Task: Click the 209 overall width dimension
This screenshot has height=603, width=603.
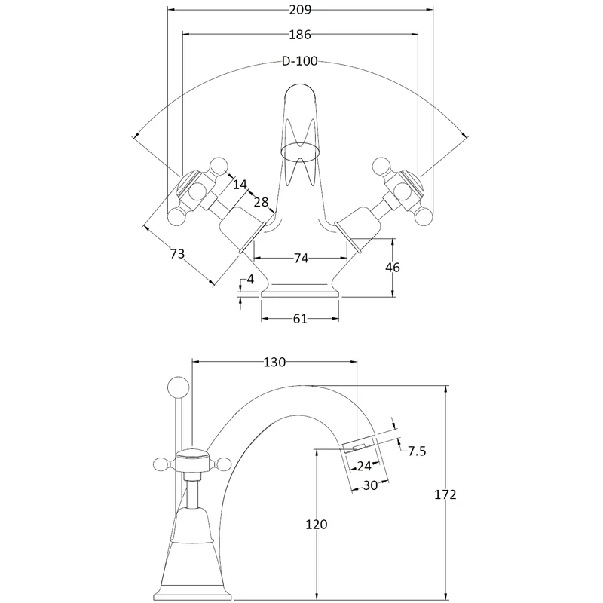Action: pyautogui.click(x=300, y=10)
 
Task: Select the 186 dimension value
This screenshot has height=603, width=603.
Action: pyautogui.click(x=299, y=35)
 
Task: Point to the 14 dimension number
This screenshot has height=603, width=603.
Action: pyautogui.click(x=240, y=184)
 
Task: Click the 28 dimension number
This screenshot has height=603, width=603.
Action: pyautogui.click(x=261, y=202)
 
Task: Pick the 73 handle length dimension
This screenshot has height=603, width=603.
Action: pyautogui.click(x=177, y=255)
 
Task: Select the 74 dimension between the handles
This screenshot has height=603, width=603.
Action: pyautogui.click(x=300, y=259)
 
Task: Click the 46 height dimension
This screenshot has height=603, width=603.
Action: pyautogui.click(x=393, y=267)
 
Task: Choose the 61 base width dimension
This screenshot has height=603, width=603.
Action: pyautogui.click(x=299, y=319)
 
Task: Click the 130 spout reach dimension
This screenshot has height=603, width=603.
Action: pyautogui.click(x=274, y=363)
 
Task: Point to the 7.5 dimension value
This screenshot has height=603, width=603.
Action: pyautogui.click(x=417, y=451)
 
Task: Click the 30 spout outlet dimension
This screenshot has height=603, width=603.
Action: pyautogui.click(x=370, y=486)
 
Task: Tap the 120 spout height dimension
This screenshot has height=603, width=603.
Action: pyautogui.click(x=317, y=525)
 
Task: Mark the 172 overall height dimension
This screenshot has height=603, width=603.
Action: pyautogui.click(x=445, y=495)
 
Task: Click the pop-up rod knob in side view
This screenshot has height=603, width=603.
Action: pyautogui.click(x=181, y=387)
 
